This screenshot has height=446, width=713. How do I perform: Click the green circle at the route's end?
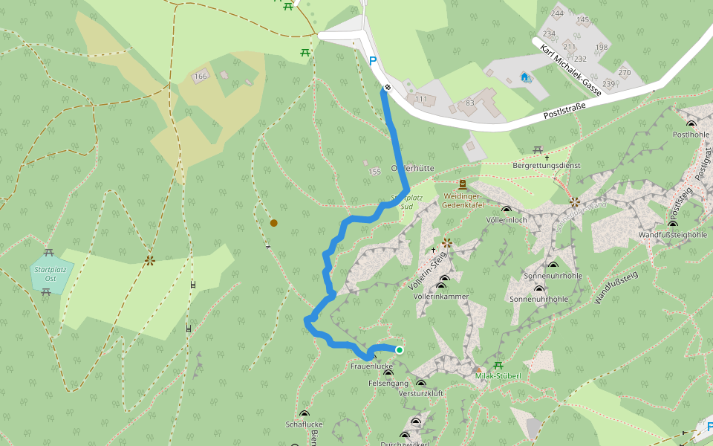(400, 350)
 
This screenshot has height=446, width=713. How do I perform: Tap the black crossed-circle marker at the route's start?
(388, 88)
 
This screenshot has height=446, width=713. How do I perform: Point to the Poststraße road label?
(564, 110)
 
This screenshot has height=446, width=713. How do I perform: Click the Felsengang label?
(385, 384)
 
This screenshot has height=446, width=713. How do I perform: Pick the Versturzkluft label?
(420, 393)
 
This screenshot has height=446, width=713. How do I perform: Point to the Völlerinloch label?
(506, 221)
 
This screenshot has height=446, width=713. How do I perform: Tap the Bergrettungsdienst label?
(547, 166)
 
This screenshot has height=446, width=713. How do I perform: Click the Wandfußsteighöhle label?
(673, 235)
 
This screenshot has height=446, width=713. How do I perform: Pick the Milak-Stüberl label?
(498, 376)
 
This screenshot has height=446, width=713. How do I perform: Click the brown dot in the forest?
(274, 223)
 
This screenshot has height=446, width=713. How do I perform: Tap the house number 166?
(201, 77)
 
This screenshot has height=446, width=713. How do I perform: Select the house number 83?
(469, 103)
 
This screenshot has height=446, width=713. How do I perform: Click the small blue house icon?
(525, 77)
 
